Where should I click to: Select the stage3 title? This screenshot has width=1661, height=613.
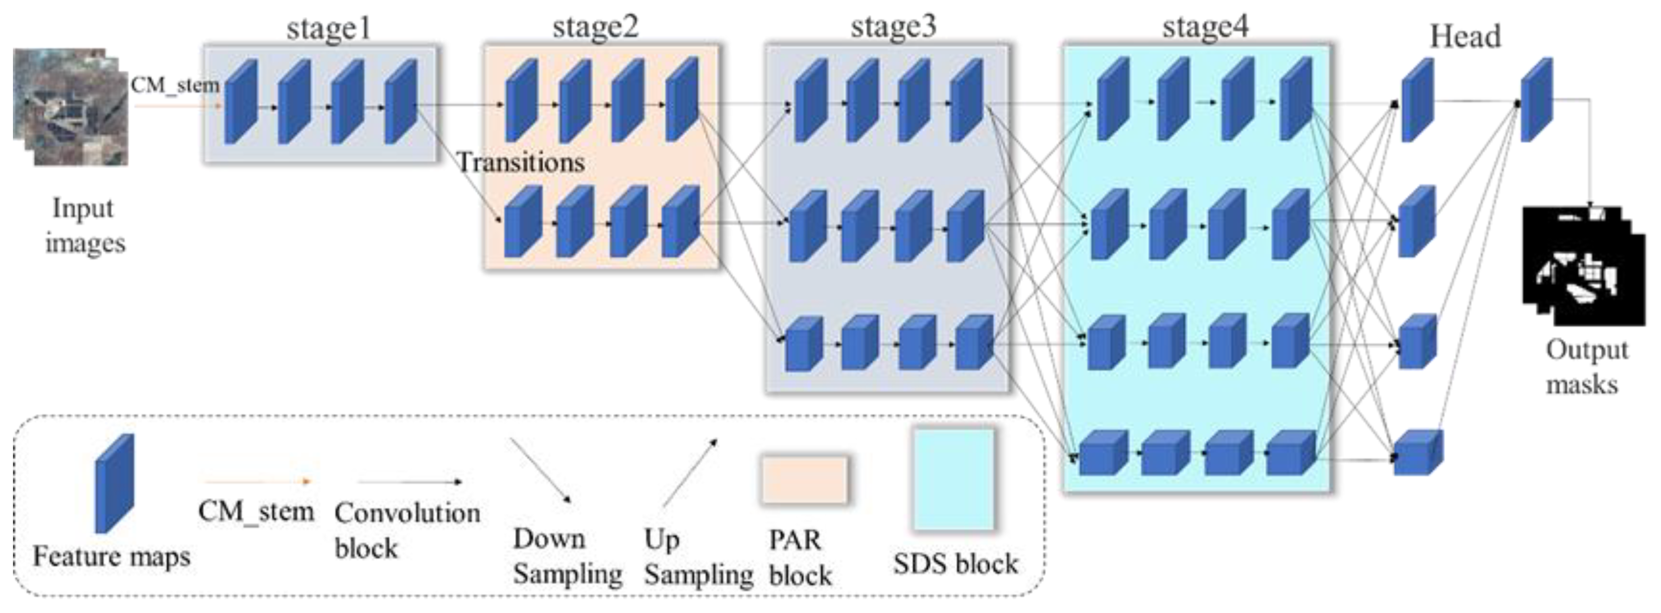tap(893, 27)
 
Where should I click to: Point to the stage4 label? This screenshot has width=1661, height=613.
tap(1205, 27)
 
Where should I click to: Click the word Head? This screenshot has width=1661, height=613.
tap(1465, 37)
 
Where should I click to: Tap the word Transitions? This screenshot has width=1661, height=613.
tap(521, 162)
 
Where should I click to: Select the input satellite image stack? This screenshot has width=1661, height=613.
tap(71, 106)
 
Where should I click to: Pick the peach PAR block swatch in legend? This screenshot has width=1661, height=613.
tap(804, 480)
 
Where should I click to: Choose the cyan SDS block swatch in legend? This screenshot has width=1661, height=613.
tap(953, 480)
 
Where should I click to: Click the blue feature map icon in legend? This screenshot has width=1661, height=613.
tap(115, 484)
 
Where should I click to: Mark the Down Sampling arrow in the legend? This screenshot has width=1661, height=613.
tap(540, 471)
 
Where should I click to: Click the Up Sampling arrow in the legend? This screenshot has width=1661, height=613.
tap(689, 473)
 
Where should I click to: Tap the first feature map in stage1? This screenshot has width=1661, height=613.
tap(241, 102)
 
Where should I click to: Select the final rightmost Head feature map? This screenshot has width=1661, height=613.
tap(1536, 99)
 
